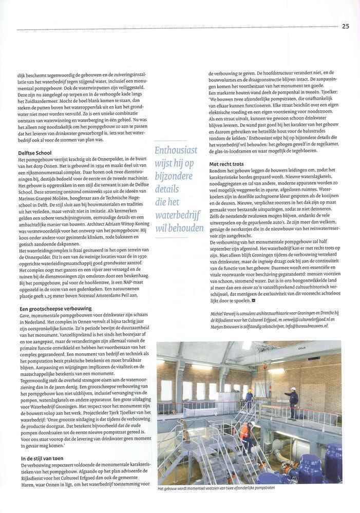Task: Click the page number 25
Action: pos(345,26)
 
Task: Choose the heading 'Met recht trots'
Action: pos(227,164)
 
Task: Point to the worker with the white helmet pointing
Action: pos(293,403)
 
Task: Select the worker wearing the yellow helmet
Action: pos(249,397)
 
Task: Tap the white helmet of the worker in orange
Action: pos(251,424)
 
